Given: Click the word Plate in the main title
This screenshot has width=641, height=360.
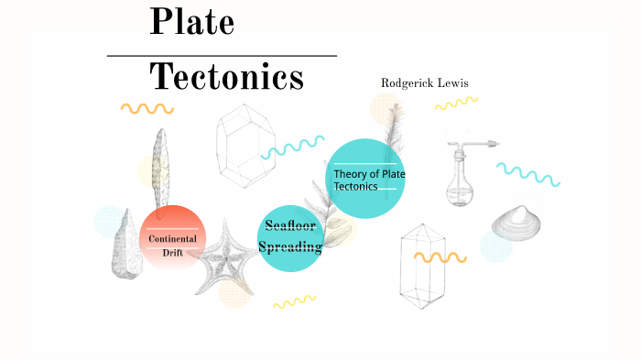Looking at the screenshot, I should (x=191, y=22).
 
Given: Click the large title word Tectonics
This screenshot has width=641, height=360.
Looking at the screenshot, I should (x=226, y=77).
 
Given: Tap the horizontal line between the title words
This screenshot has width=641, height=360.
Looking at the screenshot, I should (x=222, y=56).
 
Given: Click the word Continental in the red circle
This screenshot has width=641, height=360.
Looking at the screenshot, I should (x=173, y=239).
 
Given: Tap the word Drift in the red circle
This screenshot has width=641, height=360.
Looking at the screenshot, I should (x=173, y=252).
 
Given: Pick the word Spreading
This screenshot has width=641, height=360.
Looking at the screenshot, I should (x=290, y=246).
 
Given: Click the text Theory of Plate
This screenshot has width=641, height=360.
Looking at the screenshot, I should (x=369, y=174).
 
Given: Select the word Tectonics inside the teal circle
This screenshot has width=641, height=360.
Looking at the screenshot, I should (x=355, y=187).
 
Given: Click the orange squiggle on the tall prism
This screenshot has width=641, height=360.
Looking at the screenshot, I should (x=440, y=256).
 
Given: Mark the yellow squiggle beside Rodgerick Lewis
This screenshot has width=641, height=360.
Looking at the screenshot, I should (x=455, y=103).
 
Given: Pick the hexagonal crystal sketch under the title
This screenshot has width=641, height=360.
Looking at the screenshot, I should (x=245, y=146).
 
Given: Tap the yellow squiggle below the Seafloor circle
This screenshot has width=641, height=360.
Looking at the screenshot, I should (x=294, y=301).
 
